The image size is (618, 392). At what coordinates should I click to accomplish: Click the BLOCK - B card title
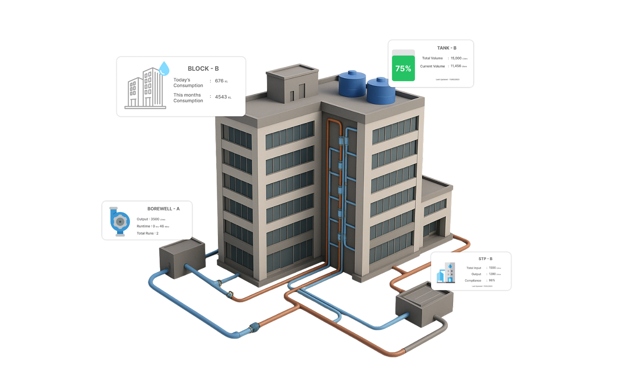point(203,69)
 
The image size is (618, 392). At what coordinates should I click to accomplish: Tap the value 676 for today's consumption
point(219,81)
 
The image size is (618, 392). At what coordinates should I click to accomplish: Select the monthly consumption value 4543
point(221,97)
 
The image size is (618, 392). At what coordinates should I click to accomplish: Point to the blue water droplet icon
point(164,68)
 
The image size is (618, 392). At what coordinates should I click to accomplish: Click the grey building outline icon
point(145,89)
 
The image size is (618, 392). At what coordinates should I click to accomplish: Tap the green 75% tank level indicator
point(403,68)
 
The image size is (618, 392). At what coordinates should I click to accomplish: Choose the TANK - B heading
point(446,48)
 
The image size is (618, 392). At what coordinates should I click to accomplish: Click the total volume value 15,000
point(456,58)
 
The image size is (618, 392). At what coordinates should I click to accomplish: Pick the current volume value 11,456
point(456,66)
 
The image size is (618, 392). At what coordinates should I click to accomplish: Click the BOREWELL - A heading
point(163,209)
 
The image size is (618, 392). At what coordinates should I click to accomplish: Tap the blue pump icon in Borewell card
point(120,221)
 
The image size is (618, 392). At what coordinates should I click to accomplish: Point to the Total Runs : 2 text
point(147,233)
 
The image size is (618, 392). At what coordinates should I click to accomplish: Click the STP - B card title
point(485,259)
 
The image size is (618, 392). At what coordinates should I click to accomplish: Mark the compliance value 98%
point(491,280)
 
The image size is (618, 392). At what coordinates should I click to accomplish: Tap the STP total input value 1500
point(492,268)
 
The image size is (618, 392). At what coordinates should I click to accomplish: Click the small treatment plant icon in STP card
point(446,273)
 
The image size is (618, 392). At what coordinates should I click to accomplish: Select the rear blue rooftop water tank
point(352,83)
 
